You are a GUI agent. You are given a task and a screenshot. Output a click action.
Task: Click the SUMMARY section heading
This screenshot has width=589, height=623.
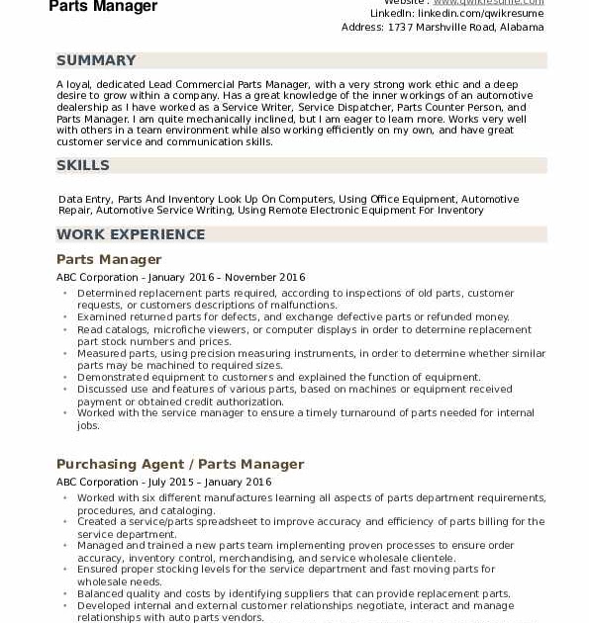[96, 60]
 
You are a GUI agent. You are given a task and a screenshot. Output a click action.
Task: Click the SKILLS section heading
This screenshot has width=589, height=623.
[83, 165]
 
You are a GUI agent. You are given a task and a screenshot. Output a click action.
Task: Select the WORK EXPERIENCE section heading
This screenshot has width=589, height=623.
[131, 234]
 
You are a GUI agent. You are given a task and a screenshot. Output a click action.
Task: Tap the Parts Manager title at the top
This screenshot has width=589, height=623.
[103, 7]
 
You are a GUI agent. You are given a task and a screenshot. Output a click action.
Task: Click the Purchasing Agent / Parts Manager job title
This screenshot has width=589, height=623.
[180, 464]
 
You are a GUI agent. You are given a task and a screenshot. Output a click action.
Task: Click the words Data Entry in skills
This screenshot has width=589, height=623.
[85, 199]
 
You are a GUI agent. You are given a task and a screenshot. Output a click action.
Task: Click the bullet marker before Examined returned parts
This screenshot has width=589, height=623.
[65, 317]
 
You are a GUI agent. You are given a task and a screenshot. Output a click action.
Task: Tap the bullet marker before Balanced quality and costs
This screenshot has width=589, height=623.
[65, 594]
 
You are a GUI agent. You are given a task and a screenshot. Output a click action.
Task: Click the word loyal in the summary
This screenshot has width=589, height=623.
[78, 84]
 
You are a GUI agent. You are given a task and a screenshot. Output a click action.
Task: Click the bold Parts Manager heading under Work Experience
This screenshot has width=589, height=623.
[109, 259]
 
